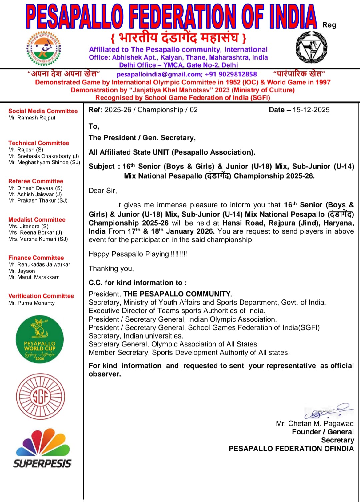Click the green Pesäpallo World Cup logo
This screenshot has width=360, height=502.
(x=40, y=339)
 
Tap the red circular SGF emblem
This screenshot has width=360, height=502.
(x=41, y=396)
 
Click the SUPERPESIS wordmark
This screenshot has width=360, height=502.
(x=42, y=463)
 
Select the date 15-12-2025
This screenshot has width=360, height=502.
(x=311, y=110)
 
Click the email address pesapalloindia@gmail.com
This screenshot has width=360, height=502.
(x=159, y=74)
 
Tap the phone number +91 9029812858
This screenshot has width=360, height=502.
(x=231, y=74)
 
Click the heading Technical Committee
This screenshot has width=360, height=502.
(x=39, y=143)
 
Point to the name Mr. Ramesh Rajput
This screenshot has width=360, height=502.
(x=32, y=118)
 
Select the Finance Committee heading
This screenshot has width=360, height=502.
(x=36, y=258)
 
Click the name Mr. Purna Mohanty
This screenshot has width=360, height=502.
(x=32, y=303)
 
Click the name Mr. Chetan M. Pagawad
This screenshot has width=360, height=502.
(x=315, y=424)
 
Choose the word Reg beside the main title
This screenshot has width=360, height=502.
(x=329, y=25)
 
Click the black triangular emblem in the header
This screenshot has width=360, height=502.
(x=312, y=48)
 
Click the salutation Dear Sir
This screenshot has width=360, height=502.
(x=103, y=191)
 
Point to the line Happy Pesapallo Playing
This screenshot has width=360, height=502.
(x=138, y=254)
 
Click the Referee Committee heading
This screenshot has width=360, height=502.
(x=36, y=181)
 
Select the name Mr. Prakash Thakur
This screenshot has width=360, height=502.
(x=38, y=201)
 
